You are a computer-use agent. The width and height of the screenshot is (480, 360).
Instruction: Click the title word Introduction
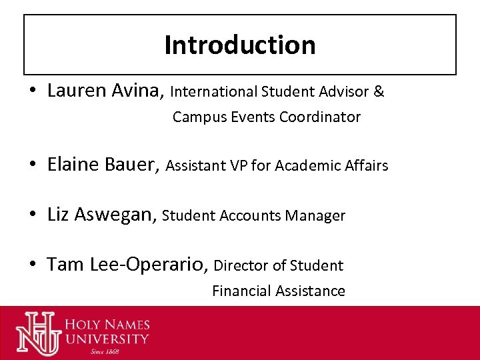(240, 45)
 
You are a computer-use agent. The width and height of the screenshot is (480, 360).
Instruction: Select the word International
(215, 91)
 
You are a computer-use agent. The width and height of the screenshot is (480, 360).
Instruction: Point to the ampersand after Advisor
(379, 91)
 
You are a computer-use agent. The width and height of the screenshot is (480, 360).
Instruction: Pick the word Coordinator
(320, 117)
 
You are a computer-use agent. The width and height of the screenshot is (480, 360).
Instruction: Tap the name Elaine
(74, 165)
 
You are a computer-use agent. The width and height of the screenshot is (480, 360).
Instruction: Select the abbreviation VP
(239, 165)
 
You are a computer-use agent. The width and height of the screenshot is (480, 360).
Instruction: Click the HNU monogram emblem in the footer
(38, 332)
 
